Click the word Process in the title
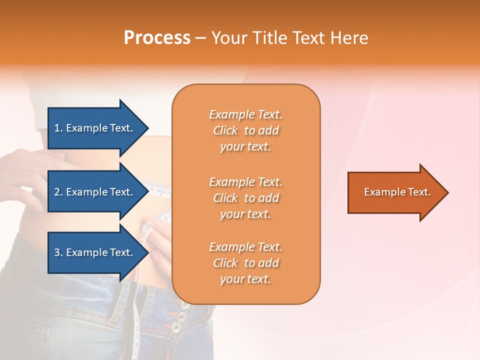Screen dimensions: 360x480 coord(157,38)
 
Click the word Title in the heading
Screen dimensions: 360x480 coord(270,38)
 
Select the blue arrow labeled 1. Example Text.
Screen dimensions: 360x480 coord(95,128)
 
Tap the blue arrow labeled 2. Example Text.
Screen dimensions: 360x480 coord(95,192)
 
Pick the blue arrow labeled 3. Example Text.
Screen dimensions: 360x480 coord(95,252)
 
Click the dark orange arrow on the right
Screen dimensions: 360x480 coord(395,192)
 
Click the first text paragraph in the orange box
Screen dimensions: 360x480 coord(246,130)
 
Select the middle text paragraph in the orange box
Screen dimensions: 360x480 coord(246,198)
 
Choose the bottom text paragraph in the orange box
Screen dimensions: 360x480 coord(246,263)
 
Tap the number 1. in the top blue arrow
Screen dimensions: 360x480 coord(58,128)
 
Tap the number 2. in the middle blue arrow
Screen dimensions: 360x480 coord(58,192)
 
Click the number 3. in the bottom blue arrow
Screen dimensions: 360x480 coord(58,252)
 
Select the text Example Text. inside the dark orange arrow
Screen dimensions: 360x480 coord(397,192)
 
